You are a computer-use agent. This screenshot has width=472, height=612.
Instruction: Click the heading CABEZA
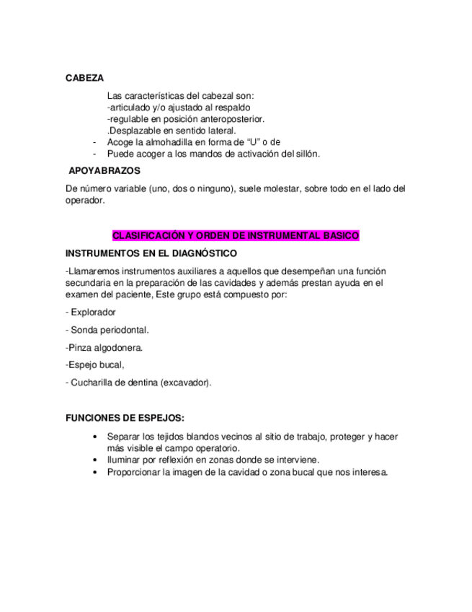tap(84, 77)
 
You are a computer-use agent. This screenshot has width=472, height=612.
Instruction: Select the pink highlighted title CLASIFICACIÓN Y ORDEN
tap(236, 236)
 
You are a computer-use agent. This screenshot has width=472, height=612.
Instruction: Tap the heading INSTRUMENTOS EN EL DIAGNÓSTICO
tap(151, 253)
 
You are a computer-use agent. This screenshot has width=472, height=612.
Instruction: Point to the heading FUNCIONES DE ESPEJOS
tap(124, 418)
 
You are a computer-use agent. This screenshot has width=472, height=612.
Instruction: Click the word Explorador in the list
tap(93, 312)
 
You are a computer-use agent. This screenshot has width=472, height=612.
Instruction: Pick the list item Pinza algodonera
tap(104, 347)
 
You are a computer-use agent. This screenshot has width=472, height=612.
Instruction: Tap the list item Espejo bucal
tap(94, 364)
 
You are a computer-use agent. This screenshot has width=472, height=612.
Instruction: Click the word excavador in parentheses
tap(186, 382)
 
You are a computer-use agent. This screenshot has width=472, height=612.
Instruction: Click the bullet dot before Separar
tap(96, 437)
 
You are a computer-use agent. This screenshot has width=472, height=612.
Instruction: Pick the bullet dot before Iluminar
tap(96, 460)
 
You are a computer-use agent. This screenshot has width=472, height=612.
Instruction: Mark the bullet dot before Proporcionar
tap(96, 472)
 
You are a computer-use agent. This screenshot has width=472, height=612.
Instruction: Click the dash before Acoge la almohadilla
tap(95, 142)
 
